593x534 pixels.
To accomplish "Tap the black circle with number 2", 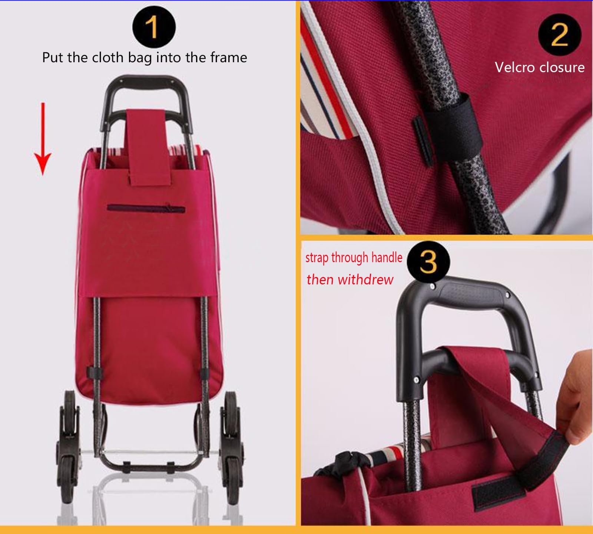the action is click(560, 35).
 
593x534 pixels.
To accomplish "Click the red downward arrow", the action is click(43, 139).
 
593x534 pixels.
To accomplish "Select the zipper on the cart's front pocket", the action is click(146, 208).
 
